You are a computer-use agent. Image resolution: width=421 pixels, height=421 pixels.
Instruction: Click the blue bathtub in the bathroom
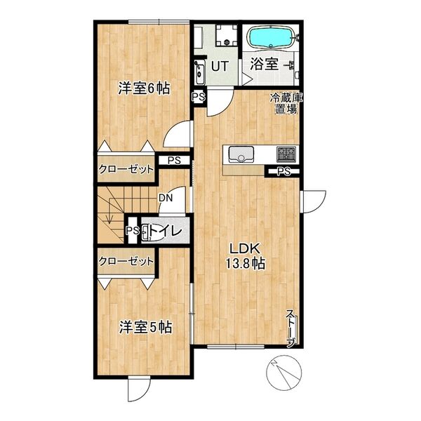tap(271, 38)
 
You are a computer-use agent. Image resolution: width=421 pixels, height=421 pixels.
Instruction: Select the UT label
tap(220, 66)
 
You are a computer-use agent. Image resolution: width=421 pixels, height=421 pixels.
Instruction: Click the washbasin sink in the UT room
tap(199, 72)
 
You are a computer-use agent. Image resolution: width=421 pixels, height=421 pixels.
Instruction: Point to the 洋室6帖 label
tap(144, 88)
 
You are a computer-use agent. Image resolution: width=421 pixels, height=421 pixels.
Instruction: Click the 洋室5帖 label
tap(145, 327)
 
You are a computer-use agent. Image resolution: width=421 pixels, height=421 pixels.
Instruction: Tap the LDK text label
tap(244, 248)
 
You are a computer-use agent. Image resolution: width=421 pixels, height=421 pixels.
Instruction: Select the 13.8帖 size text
tap(245, 264)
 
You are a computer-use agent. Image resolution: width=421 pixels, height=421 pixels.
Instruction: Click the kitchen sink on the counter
tap(241, 154)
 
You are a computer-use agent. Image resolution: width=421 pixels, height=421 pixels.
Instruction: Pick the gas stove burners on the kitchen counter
tap(286, 154)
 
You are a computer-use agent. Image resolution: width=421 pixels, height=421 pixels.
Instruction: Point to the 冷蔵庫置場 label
tap(286, 103)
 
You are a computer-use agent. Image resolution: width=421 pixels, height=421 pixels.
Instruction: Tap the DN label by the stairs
tap(166, 198)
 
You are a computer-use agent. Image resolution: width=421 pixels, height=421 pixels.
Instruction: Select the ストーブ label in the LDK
tap(291, 328)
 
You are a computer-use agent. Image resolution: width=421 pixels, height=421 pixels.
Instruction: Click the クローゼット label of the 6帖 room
tap(126, 169)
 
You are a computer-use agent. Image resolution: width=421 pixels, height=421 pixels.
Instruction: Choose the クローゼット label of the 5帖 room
tap(126, 261)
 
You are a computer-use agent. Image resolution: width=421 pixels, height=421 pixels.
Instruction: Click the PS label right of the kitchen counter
tap(284, 171)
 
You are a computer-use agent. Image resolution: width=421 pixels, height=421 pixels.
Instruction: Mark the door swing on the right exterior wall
tap(314, 201)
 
